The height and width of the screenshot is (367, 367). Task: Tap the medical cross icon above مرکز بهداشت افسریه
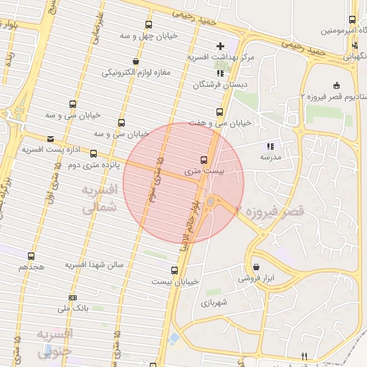[x=221, y=47]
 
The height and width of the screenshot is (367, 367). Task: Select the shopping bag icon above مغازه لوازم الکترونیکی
[x=136, y=61]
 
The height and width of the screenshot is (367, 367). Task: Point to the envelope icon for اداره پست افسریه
[x=49, y=139]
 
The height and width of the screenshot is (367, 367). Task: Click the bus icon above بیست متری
[x=204, y=160]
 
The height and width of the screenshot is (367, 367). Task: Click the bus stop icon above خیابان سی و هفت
[x=219, y=112]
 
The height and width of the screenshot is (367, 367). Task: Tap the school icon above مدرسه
[x=271, y=146]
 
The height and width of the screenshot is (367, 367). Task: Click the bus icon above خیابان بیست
[x=174, y=270]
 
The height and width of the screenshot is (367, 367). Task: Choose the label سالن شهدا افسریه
[x=95, y=265]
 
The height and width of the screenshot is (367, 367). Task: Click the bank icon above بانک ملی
[x=72, y=297]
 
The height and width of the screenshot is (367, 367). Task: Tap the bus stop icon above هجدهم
[x=31, y=255]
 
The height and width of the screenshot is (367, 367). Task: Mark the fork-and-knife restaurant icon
[x=305, y=356]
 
